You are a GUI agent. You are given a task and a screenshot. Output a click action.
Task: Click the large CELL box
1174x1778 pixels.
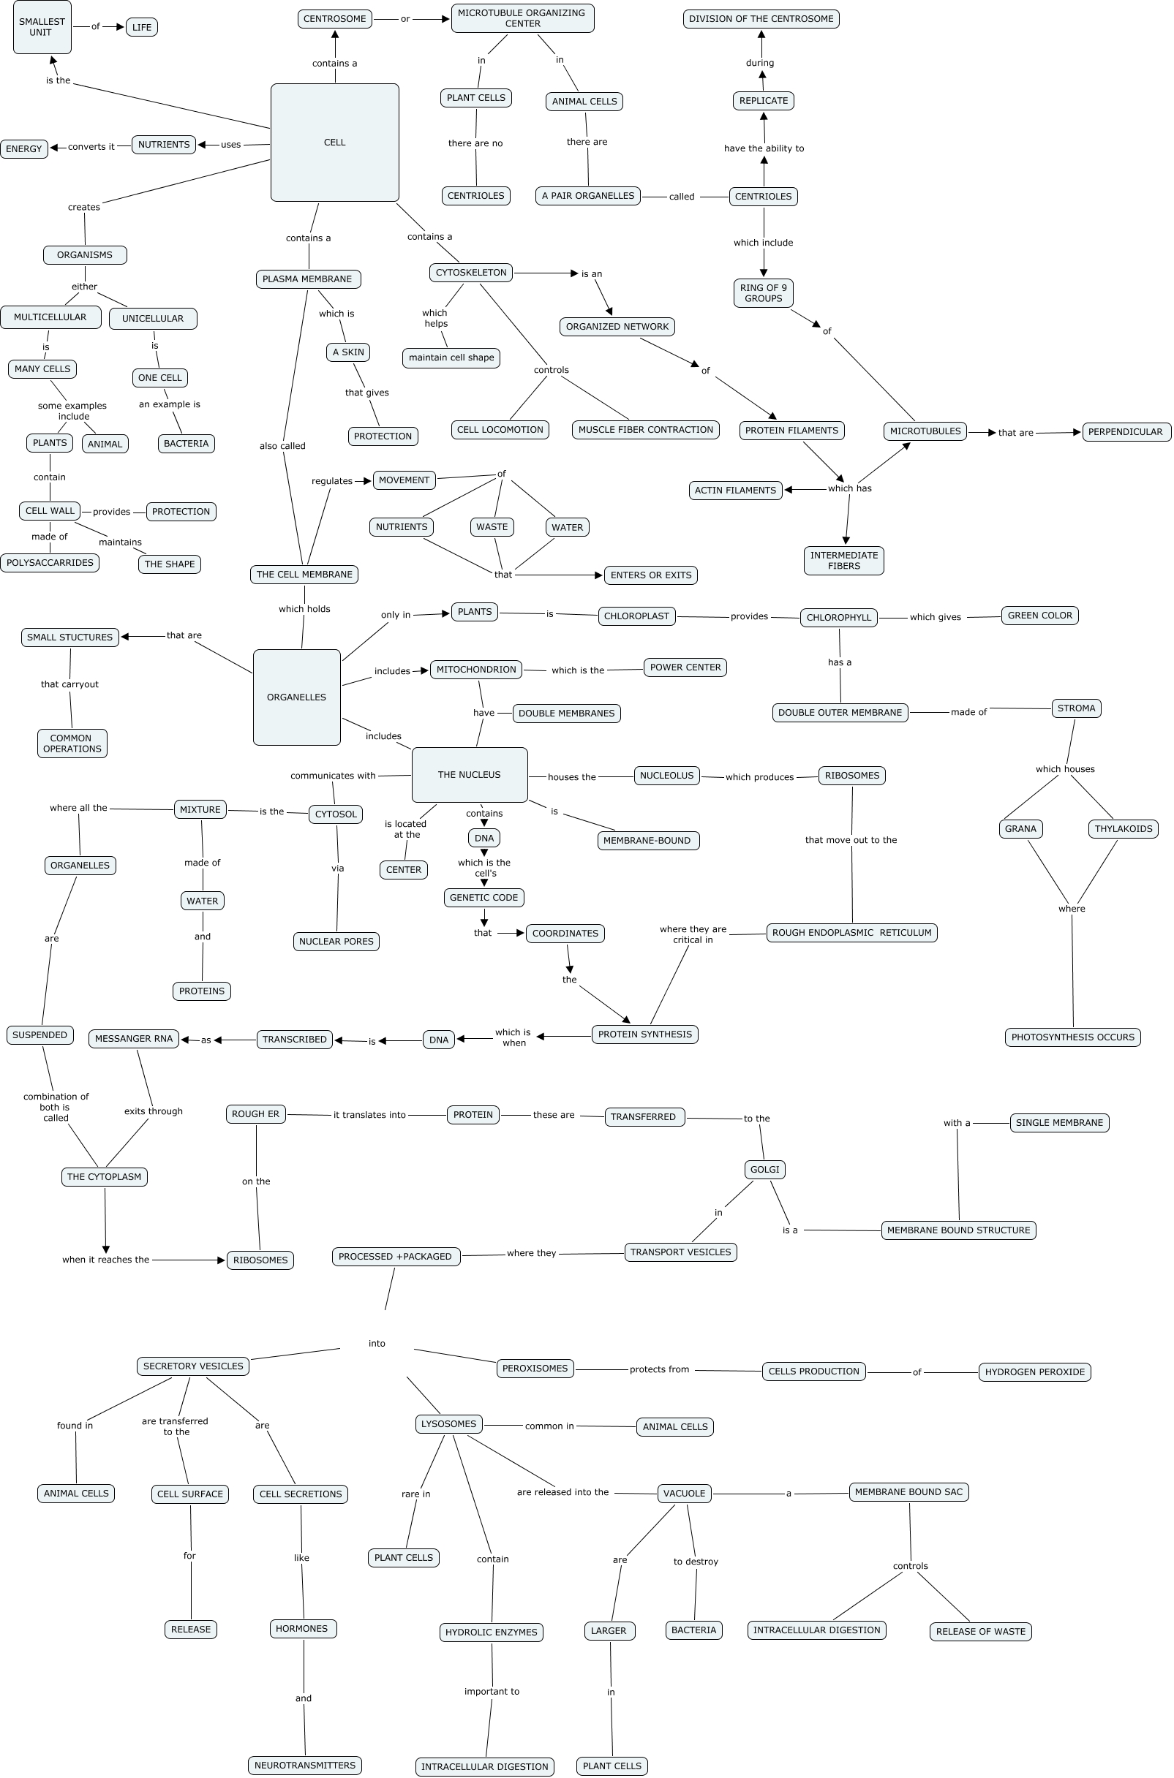(x=334, y=142)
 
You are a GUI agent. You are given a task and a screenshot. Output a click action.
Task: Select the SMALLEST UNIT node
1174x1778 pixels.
(x=42, y=28)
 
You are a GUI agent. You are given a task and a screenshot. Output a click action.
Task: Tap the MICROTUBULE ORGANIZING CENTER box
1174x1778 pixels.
(x=522, y=18)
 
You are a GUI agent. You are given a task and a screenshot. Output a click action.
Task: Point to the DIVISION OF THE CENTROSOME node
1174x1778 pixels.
(x=761, y=19)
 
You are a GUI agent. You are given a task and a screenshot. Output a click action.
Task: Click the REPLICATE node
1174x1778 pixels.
(x=763, y=100)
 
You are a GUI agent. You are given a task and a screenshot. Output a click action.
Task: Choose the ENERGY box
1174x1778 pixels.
(x=24, y=149)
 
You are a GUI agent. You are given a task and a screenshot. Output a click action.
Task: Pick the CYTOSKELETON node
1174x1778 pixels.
(x=471, y=273)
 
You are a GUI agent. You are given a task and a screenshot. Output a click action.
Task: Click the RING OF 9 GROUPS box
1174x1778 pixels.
(x=763, y=293)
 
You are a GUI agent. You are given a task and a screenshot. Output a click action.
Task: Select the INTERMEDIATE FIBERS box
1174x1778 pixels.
(x=843, y=561)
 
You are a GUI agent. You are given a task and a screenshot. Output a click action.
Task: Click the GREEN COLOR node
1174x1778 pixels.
(x=1039, y=615)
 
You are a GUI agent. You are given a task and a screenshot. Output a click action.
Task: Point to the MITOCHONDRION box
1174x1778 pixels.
(x=476, y=669)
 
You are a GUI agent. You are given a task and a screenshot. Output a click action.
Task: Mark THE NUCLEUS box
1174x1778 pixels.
(x=470, y=774)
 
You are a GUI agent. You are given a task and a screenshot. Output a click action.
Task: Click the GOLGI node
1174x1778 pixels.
(x=764, y=1169)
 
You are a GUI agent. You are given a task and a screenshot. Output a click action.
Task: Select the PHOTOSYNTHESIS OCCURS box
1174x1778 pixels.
(x=1072, y=1037)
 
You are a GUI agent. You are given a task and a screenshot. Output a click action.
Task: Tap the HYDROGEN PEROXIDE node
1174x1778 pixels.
(x=1034, y=1372)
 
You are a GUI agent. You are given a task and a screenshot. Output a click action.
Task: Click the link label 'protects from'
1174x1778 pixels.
(x=659, y=1369)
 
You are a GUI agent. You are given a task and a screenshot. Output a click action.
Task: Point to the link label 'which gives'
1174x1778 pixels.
(x=935, y=616)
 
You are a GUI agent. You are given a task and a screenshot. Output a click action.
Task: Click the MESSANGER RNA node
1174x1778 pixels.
(x=133, y=1039)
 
